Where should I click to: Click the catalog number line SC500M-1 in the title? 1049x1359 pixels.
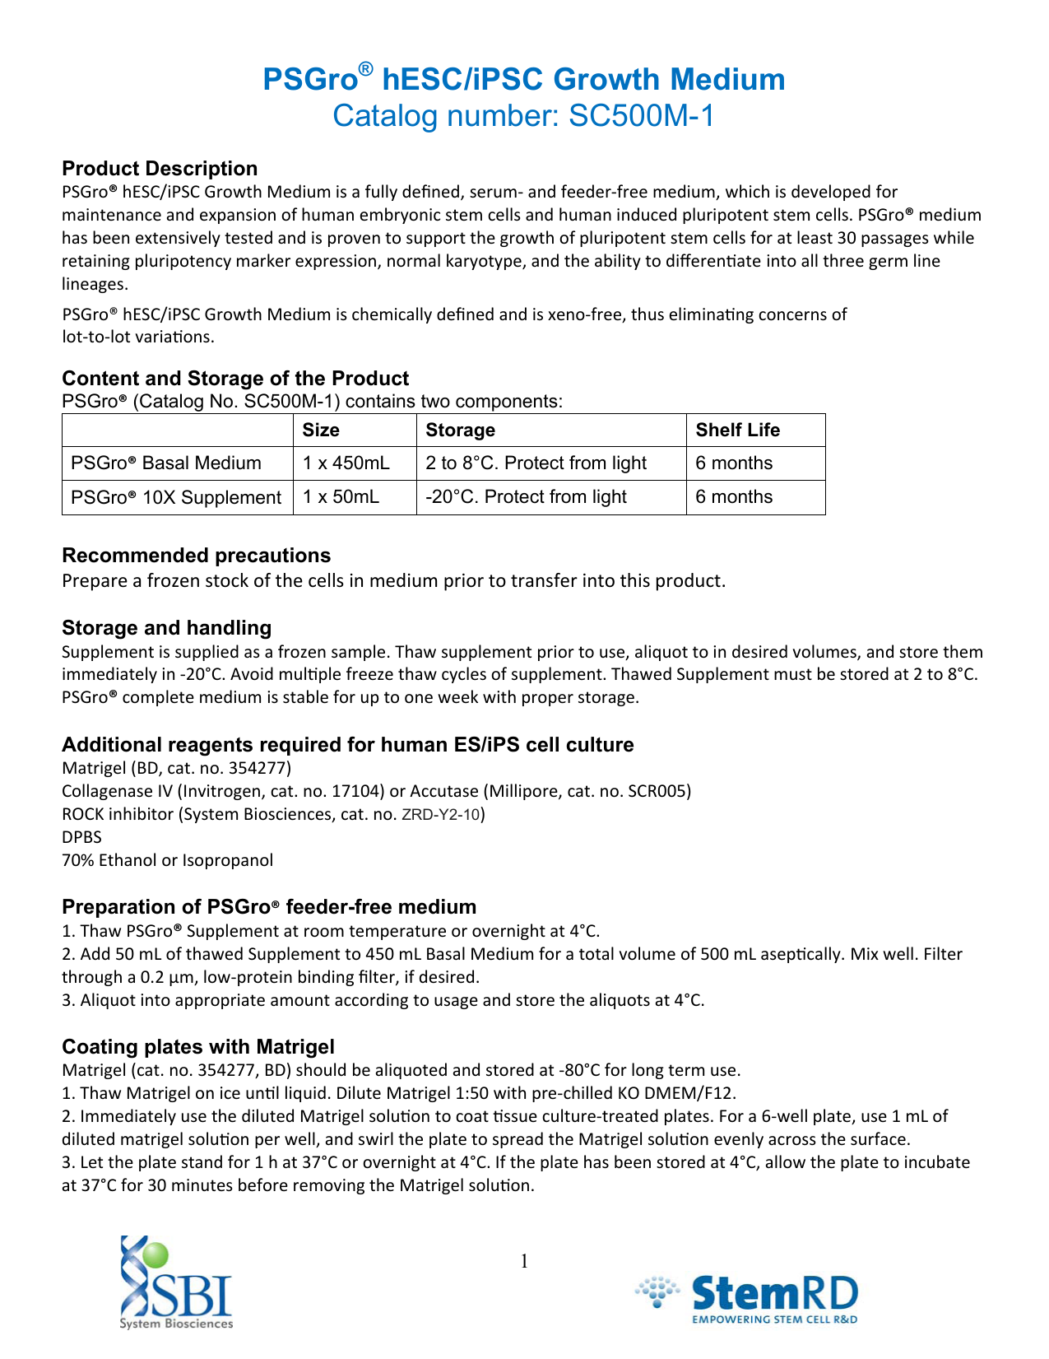[523, 116]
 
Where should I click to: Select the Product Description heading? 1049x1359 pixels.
[160, 169]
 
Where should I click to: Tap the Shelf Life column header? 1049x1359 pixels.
[737, 431]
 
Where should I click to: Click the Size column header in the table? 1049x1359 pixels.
[321, 431]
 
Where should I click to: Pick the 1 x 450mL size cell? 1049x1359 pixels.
[346, 463]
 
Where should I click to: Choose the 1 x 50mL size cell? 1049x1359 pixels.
[341, 497]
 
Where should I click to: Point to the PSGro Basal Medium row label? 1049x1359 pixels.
[166, 463]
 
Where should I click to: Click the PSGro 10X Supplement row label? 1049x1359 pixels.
[176, 498]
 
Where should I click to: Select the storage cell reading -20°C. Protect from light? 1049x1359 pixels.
[526, 497]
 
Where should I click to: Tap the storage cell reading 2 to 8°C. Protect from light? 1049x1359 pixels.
[536, 463]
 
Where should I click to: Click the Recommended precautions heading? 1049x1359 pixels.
[196, 556]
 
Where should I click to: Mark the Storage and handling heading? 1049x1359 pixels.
[166, 628]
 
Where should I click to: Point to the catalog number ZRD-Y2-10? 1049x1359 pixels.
[440, 815]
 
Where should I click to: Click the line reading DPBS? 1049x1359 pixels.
[81, 837]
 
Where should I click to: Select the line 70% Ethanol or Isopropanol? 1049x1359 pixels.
[167, 860]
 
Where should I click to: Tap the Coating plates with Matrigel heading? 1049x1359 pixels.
[198, 1047]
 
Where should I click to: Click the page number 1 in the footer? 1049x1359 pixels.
[524, 1261]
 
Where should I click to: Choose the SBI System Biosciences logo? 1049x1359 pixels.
[176, 1282]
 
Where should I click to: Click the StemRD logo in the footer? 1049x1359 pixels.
[747, 1298]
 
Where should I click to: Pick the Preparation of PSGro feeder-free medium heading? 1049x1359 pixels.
[269, 907]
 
